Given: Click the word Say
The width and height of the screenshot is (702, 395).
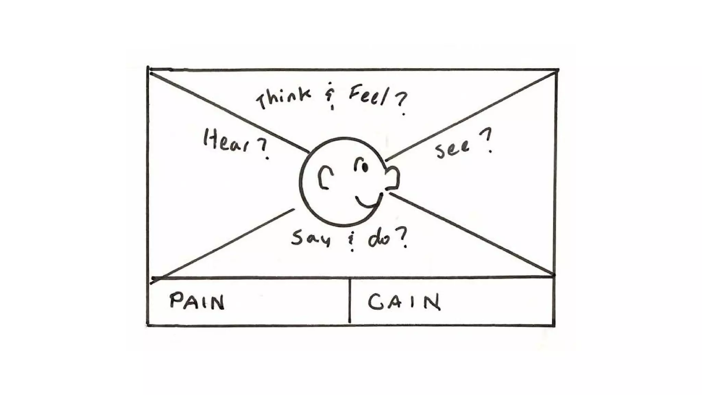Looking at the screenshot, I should point(311,237).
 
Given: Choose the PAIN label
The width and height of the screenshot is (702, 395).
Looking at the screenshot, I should point(197,301).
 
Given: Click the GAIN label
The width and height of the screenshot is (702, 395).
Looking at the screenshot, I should point(404,302).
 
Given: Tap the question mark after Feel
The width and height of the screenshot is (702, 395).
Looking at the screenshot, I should point(401,103).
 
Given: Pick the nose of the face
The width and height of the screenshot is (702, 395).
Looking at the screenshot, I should point(393,178).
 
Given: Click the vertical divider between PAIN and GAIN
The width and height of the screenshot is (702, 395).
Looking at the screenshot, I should point(349,301).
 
